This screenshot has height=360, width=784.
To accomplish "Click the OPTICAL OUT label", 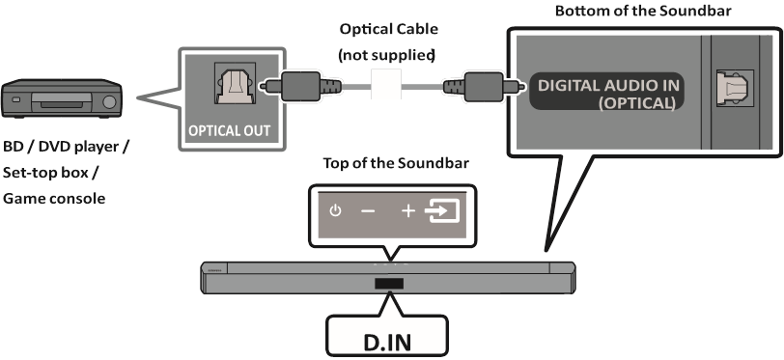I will click(x=230, y=130).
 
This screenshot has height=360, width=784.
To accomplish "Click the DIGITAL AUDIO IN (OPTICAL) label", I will click(x=608, y=94).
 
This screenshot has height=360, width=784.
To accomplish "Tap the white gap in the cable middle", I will click(x=385, y=86).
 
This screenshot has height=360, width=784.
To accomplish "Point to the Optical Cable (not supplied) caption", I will click(x=386, y=42).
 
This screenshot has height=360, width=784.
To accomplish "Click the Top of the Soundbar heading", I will click(x=396, y=162).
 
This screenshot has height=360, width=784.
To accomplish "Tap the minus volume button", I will click(x=368, y=210).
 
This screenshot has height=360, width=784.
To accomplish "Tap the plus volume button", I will click(x=408, y=210).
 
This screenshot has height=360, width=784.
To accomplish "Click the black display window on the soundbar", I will click(x=390, y=285).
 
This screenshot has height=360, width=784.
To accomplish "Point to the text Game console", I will click(x=53, y=198).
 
